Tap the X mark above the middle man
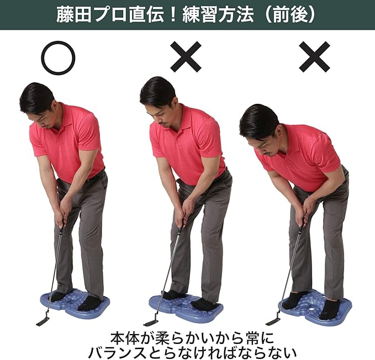pyautogui.click(x=186, y=57)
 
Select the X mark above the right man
pyautogui.click(x=314, y=57)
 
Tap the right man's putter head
pyautogui.click(x=273, y=321)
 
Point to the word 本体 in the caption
pyautogui.click(x=125, y=337)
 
